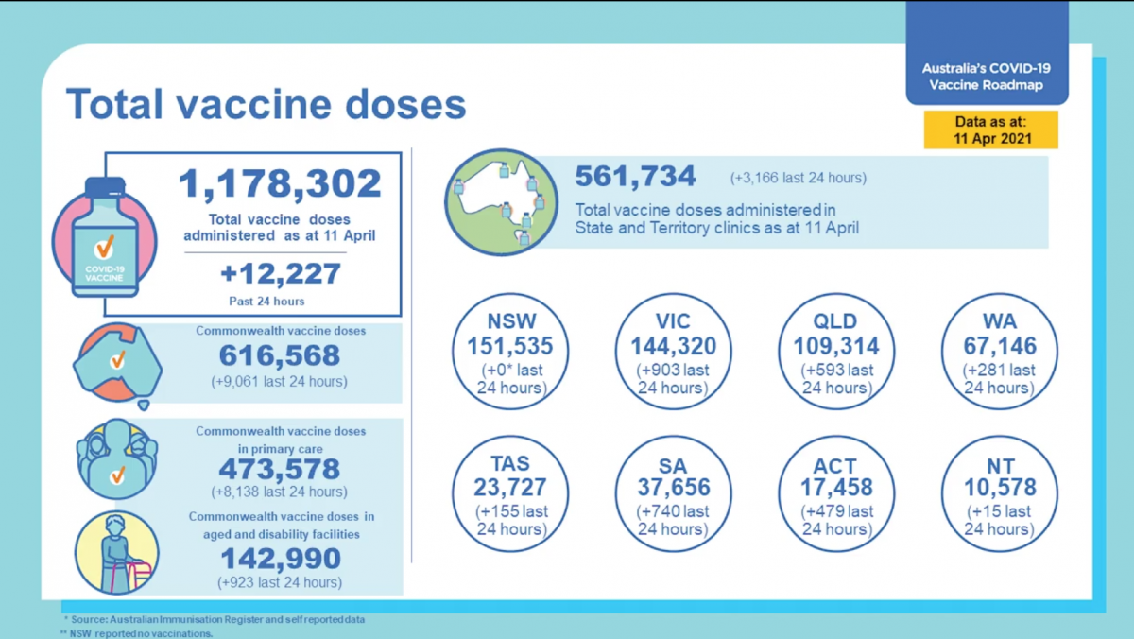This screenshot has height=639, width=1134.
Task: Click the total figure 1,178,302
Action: [x=280, y=183]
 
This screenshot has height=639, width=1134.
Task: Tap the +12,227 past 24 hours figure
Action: [x=280, y=274]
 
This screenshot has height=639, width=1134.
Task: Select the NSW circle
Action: [x=511, y=351]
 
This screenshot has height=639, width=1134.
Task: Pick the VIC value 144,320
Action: [x=673, y=346]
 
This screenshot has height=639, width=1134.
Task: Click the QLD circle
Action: [x=835, y=351]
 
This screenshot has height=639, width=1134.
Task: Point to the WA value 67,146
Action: [x=1000, y=346]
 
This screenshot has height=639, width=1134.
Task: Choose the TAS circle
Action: [x=511, y=492]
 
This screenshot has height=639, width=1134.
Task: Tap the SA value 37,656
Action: [x=673, y=488]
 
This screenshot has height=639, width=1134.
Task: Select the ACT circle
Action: [x=835, y=492]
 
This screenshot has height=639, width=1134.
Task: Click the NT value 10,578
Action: [x=1000, y=488]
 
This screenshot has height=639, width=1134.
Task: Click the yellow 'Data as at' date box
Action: [x=990, y=130]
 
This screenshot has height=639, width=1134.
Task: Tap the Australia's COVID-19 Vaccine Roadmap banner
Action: [x=988, y=77]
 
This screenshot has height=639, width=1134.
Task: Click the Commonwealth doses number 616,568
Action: [x=280, y=355]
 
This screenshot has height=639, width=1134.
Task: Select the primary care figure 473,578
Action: [x=280, y=469]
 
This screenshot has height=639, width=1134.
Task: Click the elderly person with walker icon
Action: [x=117, y=553]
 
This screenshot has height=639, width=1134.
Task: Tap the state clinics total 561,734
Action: [x=635, y=177]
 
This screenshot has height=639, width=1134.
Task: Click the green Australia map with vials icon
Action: [x=498, y=201]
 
